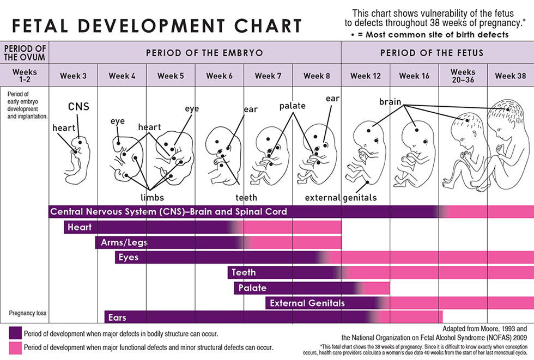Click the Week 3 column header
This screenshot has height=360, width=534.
coord(73,76)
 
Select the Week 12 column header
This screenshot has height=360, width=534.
coord(366,76)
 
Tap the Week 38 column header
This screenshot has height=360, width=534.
coord(511,76)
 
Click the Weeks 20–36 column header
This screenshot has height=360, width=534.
coord(463,76)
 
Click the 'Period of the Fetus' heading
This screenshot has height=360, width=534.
coord(432,53)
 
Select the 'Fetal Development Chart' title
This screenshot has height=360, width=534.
coord(156,26)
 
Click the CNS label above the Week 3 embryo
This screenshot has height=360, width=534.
coord(78,106)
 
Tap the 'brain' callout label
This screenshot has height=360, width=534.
coord(390,102)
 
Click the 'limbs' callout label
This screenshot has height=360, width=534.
coord(152,197)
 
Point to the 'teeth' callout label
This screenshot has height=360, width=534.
coord(246,197)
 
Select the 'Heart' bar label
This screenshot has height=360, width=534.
coord(80,227)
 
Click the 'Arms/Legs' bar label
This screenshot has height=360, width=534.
coord(124,242)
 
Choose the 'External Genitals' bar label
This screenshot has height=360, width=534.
coord(307,303)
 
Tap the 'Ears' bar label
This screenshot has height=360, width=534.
coord(118,318)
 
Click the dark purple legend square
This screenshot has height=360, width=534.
coord(15,332)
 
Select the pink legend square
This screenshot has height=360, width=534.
coord(15,347)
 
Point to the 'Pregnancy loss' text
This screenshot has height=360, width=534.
coord(27,313)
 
